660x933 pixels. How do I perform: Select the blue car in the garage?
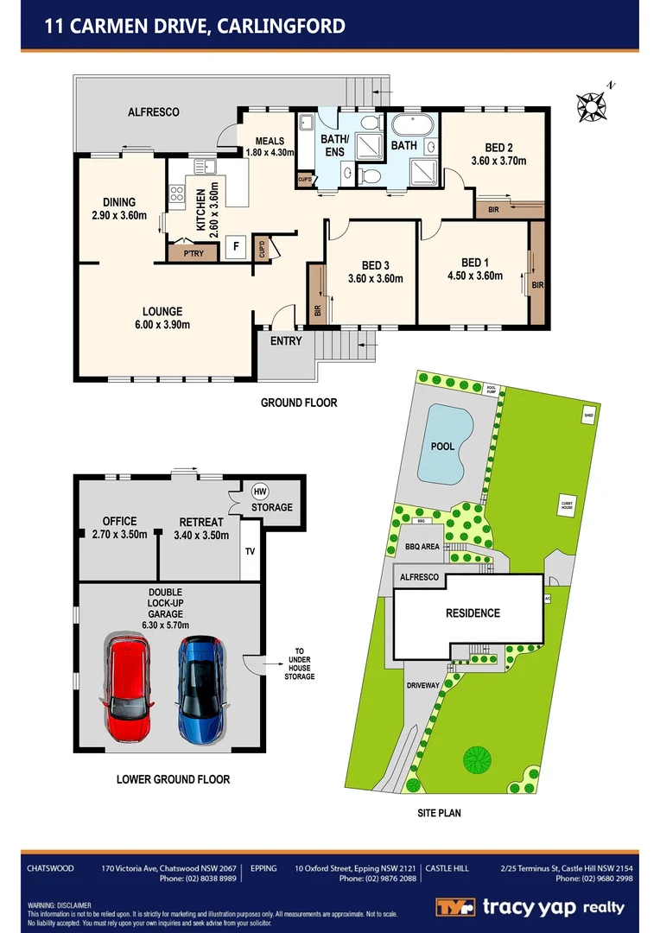click(200, 689)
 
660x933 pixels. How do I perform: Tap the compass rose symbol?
click(592, 105)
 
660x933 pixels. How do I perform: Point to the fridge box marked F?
click(233, 247)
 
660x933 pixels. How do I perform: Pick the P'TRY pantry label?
click(187, 254)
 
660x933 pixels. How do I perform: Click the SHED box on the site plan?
click(588, 413)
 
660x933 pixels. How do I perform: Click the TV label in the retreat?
click(251, 550)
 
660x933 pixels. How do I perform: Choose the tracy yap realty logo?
click(529, 907)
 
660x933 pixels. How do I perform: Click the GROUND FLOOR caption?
click(299, 403)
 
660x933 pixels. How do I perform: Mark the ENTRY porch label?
click(286, 341)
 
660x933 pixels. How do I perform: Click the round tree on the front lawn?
click(477, 760)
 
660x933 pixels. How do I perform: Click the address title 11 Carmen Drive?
click(195, 26)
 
